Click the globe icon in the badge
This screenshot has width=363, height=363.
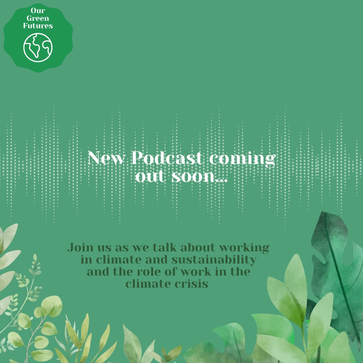[38, 47]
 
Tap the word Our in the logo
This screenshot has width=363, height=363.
[38, 11]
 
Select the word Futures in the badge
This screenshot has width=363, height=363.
[38, 26]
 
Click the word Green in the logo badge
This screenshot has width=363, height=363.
[38, 18]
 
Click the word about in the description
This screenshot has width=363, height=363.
[197, 248]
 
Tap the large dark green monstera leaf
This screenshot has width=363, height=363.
[336, 269]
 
